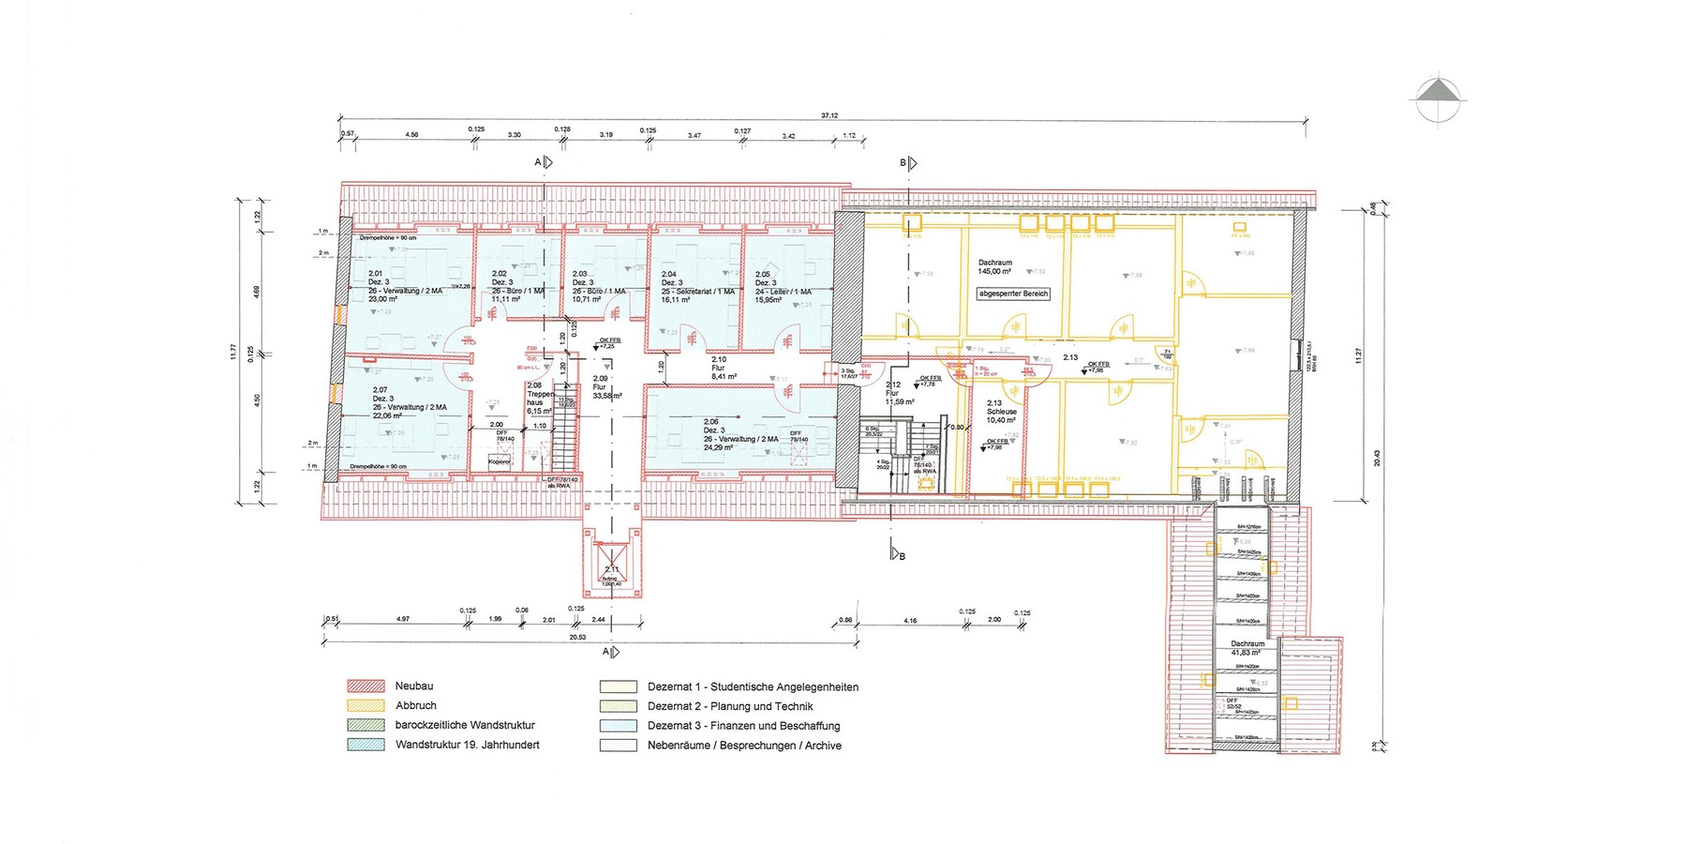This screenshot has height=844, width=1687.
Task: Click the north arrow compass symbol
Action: (1439, 98)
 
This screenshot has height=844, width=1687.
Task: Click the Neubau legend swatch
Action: (366, 686)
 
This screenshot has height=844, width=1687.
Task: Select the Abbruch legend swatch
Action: (366, 705)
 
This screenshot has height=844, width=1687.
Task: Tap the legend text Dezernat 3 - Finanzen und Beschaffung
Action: (743, 726)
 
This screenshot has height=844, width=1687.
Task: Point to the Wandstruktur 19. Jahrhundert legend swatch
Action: (366, 745)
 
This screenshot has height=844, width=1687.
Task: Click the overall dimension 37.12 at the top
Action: (829, 115)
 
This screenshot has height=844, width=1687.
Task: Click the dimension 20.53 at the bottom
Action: (577, 637)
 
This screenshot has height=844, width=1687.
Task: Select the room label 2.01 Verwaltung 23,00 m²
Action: (403, 286)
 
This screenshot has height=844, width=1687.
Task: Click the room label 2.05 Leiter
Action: (783, 287)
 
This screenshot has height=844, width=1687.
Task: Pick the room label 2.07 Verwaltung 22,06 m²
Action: (408, 402)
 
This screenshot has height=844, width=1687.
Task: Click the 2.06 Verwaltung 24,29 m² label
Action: (740, 434)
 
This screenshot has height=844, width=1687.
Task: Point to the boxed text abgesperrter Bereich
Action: (1013, 294)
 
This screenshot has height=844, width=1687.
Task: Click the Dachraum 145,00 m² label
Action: (994, 267)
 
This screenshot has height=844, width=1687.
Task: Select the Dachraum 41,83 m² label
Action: (1247, 648)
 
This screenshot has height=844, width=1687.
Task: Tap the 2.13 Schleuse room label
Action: (1001, 412)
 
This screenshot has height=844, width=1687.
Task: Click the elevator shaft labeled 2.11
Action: (612, 570)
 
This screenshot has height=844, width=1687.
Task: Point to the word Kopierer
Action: (500, 461)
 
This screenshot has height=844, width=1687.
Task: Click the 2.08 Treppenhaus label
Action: (539, 398)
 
